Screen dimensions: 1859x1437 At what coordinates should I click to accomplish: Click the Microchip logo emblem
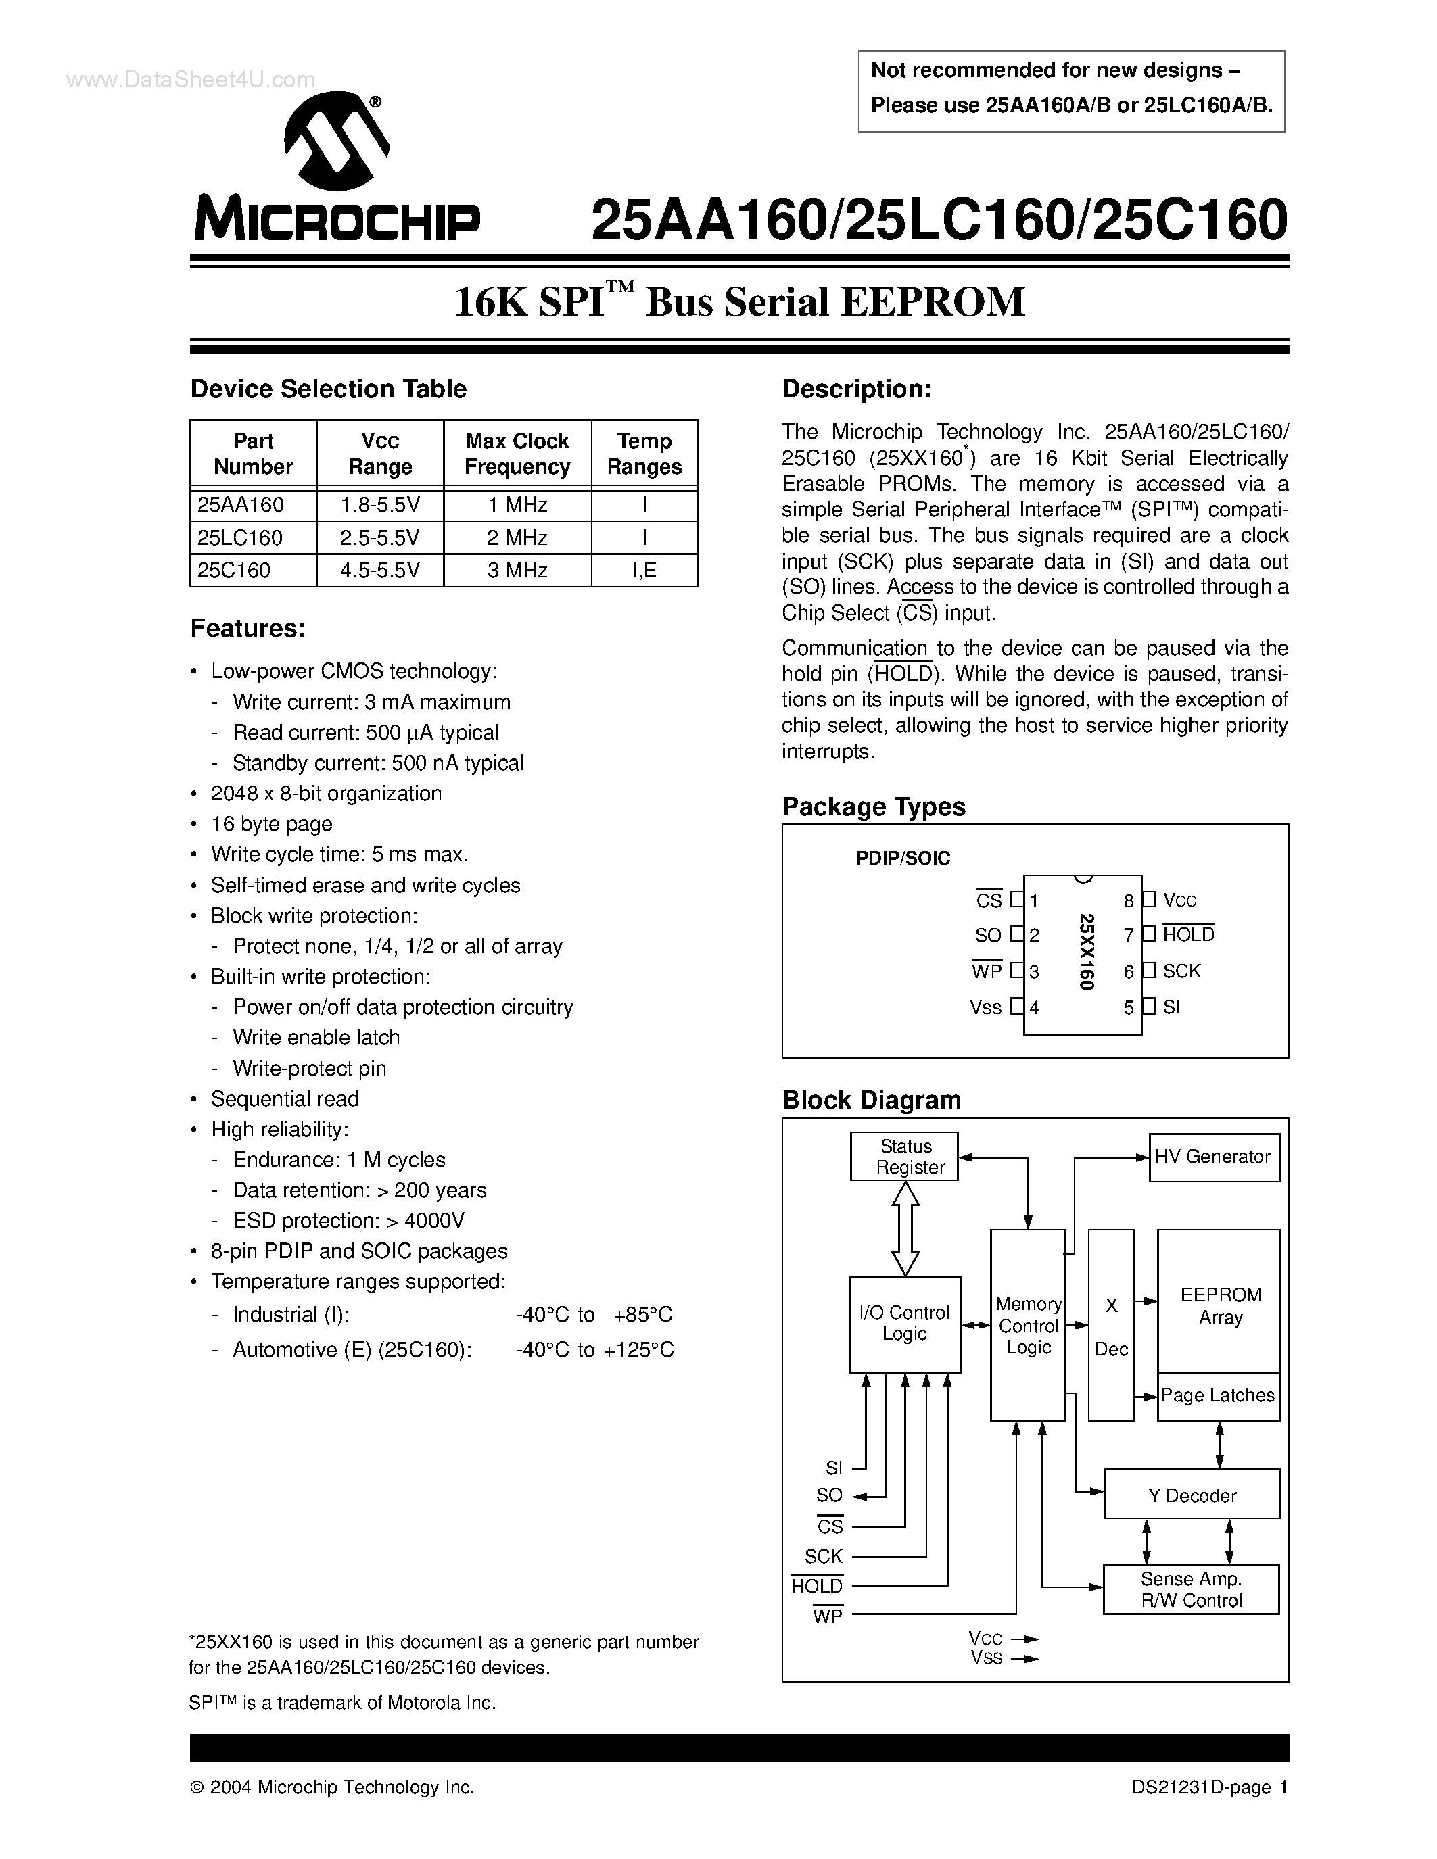(336, 141)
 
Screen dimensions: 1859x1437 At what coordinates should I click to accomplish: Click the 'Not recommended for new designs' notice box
(1071, 89)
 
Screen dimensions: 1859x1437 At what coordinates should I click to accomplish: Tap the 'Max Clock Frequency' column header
(517, 454)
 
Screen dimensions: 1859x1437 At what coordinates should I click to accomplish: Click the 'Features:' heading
(248, 628)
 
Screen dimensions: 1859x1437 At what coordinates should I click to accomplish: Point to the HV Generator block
(1213, 1157)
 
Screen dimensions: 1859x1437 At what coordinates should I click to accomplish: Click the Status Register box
(904, 1157)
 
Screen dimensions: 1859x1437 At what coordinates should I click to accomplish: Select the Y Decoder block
(1191, 1495)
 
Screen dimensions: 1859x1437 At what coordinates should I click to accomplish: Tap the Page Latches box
(1217, 1396)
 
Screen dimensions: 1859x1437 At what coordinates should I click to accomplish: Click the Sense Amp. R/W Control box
(1191, 1589)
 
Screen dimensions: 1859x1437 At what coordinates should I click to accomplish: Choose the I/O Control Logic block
(904, 1324)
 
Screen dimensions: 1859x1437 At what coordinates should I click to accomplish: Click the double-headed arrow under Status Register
(905, 1228)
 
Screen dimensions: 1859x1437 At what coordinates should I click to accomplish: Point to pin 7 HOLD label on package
(1187, 935)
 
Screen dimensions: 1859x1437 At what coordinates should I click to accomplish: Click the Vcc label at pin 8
(1180, 900)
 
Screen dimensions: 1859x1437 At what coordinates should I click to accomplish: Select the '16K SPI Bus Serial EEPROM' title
(739, 302)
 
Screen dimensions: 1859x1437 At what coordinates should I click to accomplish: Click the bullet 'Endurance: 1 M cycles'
(339, 1160)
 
